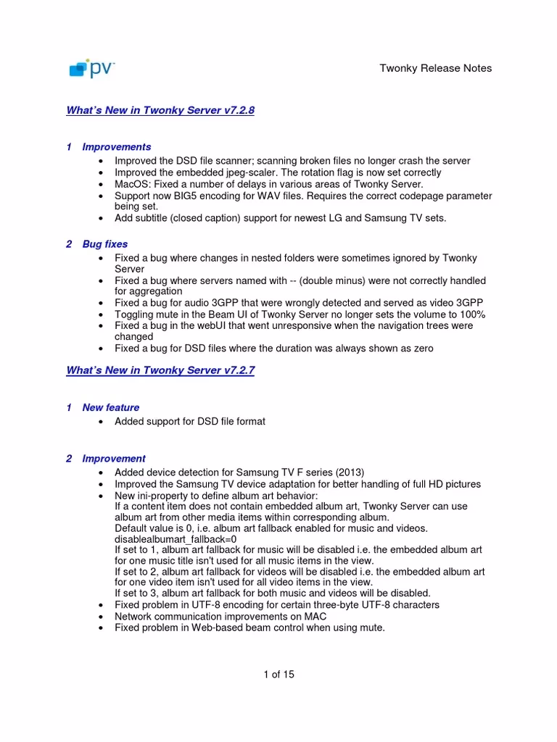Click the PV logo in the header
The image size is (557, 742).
pyautogui.click(x=91, y=68)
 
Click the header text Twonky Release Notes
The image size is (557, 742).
pyautogui.click(x=436, y=68)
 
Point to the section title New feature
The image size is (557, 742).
pyautogui.click(x=110, y=407)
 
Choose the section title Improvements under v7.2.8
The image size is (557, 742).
pyautogui.click(x=116, y=147)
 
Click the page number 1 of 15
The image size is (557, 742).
pyautogui.click(x=278, y=675)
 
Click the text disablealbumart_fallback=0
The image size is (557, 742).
pyautogui.click(x=175, y=539)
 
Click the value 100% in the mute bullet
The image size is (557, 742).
pyautogui.click(x=471, y=314)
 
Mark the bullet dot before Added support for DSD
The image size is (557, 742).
pyautogui.click(x=99, y=422)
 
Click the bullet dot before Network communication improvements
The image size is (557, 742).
pyautogui.click(x=99, y=617)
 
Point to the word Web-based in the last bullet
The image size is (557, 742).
pyautogui.click(x=215, y=628)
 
